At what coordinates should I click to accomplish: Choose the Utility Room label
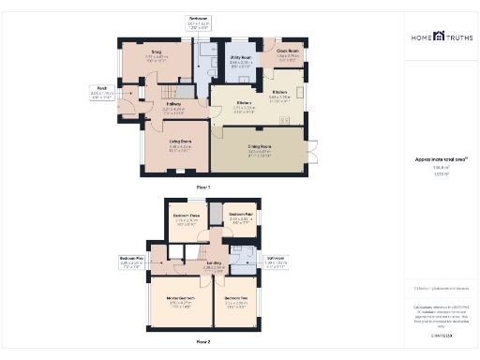click(240, 58)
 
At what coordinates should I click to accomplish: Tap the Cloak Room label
click(287, 51)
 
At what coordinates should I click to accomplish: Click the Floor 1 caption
click(203, 187)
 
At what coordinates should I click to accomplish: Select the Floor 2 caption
click(203, 342)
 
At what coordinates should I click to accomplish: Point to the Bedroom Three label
click(186, 217)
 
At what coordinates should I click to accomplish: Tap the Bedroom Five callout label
click(132, 258)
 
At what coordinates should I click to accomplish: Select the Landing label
click(214, 264)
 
